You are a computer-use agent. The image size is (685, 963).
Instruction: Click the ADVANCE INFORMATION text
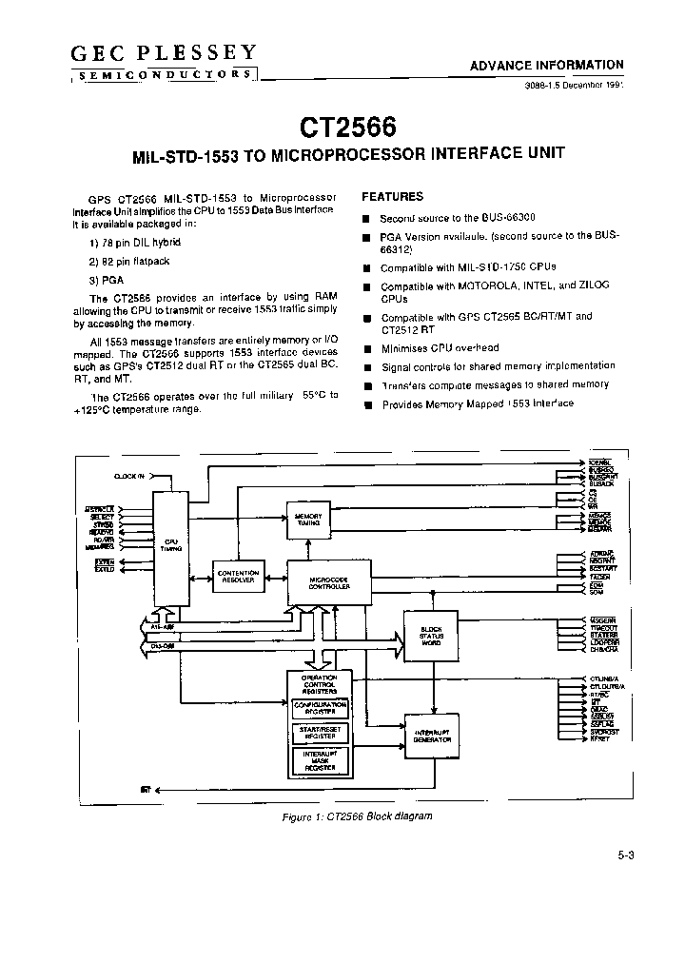tap(547, 66)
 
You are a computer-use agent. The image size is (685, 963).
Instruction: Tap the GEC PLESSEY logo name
tap(163, 54)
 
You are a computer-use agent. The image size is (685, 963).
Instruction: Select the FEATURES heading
tap(393, 197)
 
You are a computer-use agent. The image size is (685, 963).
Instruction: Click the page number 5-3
tap(625, 855)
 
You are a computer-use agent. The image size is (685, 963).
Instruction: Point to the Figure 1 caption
tap(358, 817)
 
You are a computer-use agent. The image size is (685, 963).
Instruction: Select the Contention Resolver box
tap(238, 577)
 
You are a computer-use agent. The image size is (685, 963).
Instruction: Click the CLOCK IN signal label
tap(129, 474)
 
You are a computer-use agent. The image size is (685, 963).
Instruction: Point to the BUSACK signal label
tap(600, 484)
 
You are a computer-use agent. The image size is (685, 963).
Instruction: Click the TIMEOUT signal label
tap(603, 628)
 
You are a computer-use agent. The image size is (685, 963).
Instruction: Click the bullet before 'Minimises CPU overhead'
tap(364, 349)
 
